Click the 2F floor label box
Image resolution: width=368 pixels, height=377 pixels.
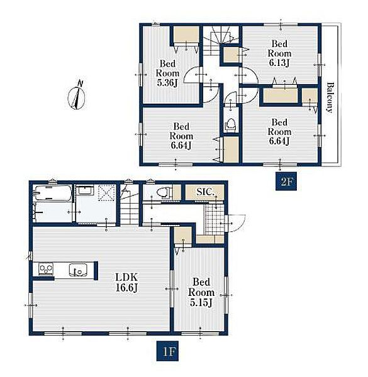click(x=286, y=181)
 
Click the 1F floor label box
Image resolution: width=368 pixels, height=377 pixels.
click(x=167, y=351)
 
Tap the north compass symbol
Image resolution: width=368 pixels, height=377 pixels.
click(x=77, y=96)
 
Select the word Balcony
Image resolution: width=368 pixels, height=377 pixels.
click(x=330, y=97)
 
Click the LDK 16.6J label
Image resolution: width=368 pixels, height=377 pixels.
click(x=126, y=283)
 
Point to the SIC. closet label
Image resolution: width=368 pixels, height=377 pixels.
click(x=205, y=192)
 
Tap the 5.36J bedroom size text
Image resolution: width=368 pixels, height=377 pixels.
click(x=167, y=83)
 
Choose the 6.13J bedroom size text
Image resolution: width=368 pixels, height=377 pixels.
click(x=279, y=63)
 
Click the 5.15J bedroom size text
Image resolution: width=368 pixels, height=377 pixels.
click(x=201, y=302)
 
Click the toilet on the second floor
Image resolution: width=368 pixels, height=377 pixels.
click(x=231, y=124)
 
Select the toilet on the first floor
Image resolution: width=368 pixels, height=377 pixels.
click(x=164, y=192)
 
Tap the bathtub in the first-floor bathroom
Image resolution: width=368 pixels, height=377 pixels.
click(x=52, y=192)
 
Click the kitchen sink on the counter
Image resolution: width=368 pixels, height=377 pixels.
click(x=78, y=270)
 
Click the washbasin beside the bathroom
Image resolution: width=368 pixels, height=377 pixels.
click(x=84, y=190)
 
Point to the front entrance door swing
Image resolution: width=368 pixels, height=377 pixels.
click(x=236, y=223)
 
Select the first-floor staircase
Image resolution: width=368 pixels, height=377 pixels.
click(x=130, y=205)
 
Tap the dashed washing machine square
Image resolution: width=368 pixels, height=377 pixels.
click(x=106, y=193)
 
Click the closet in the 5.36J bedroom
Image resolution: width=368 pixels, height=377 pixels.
click(x=186, y=36)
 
